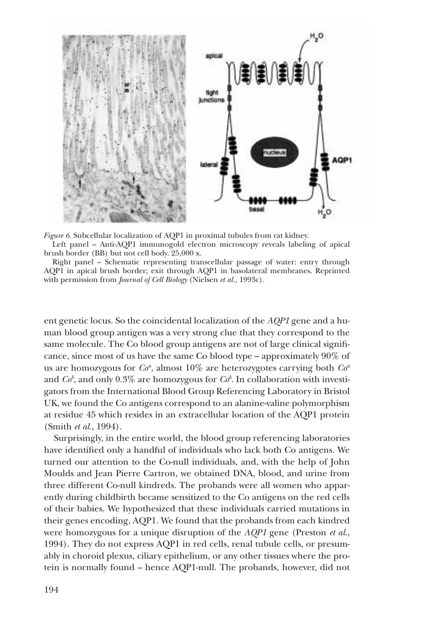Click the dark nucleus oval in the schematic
(275, 153)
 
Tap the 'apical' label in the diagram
(214, 55)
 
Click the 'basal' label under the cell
(257, 209)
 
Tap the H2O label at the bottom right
(325, 212)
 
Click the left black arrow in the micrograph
(80, 182)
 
